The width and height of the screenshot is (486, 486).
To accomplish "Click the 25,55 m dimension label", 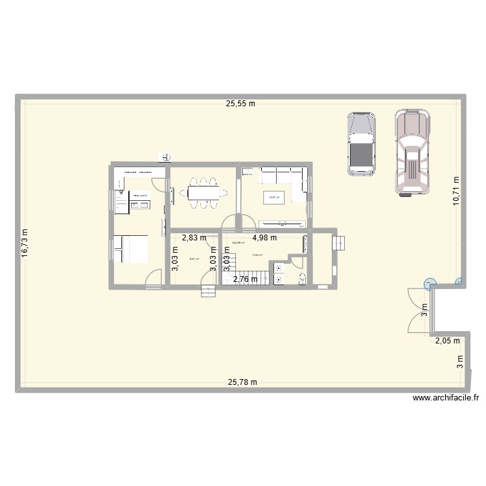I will [x=240, y=103].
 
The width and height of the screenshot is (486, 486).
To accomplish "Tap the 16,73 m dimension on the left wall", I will [x=25, y=244].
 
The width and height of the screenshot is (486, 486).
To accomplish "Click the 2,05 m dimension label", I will [x=446, y=340].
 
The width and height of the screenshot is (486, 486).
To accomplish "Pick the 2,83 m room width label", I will [x=194, y=238].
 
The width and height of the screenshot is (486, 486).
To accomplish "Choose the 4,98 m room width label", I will [x=264, y=238].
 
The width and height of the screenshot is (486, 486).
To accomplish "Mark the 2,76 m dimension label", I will [x=246, y=279].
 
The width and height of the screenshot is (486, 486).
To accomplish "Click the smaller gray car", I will [x=361, y=144].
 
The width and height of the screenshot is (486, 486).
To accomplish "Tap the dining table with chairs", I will [x=203, y=192].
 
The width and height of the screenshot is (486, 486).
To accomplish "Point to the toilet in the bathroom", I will [x=301, y=279].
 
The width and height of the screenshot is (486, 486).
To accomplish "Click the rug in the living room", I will [x=274, y=198].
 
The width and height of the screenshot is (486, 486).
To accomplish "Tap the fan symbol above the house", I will [x=167, y=156].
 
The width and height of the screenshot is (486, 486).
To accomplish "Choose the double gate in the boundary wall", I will [x=415, y=310].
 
